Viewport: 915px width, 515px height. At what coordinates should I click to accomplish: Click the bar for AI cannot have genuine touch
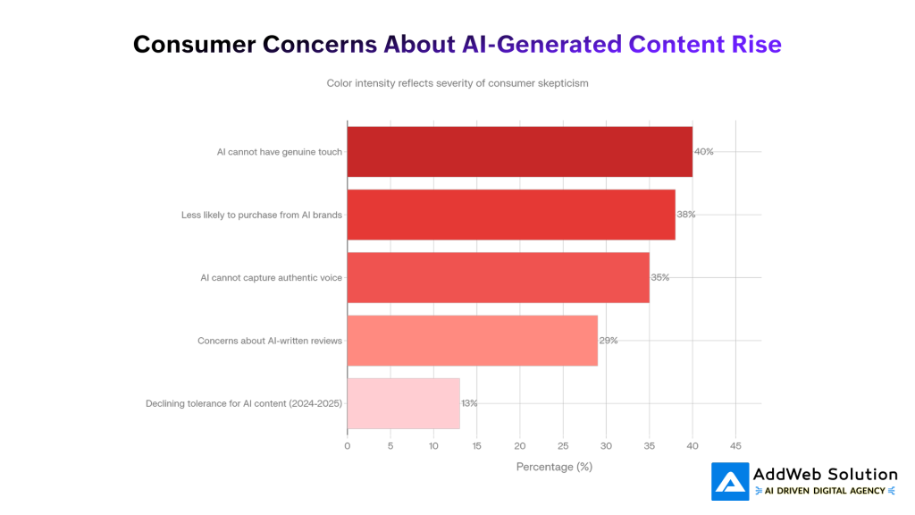(x=519, y=152)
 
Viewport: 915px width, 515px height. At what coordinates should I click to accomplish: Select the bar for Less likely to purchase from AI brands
(x=510, y=215)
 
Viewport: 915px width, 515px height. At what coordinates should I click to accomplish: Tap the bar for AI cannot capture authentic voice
(x=498, y=277)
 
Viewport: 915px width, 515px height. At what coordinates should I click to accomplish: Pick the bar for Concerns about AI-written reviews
(x=472, y=341)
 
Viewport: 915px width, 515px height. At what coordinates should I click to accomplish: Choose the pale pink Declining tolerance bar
(x=403, y=403)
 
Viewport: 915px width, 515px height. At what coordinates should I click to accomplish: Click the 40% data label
(x=704, y=152)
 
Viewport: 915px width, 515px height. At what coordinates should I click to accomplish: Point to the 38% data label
(x=686, y=215)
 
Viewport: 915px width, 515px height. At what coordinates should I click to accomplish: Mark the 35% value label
(x=660, y=277)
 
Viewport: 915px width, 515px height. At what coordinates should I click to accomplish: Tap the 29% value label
(x=609, y=341)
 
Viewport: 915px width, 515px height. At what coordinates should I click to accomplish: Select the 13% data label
(x=469, y=403)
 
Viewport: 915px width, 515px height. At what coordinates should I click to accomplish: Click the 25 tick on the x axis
(x=563, y=445)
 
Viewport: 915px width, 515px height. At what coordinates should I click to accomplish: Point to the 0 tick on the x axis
(x=348, y=445)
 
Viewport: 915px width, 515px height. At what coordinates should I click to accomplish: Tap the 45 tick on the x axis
(x=735, y=445)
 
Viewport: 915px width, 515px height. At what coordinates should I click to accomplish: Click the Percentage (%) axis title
(x=554, y=466)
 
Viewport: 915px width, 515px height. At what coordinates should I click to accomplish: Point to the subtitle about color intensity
(x=457, y=83)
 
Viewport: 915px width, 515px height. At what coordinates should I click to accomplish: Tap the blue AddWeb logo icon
(x=730, y=481)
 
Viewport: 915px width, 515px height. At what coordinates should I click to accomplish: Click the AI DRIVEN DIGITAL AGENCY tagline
(x=826, y=491)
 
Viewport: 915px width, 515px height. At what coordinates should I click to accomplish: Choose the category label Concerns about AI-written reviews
(x=270, y=341)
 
